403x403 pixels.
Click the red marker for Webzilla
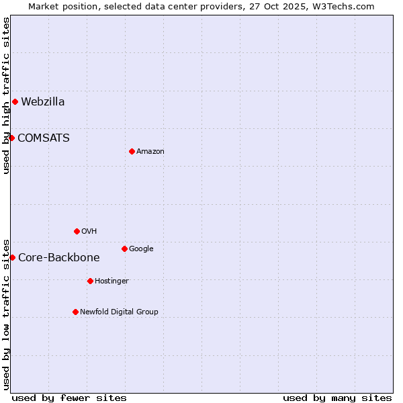15,102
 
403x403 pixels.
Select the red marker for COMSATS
11,138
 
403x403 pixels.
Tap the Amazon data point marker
132,151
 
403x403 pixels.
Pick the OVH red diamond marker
77,231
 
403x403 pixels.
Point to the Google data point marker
124,249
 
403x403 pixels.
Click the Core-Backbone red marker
12,257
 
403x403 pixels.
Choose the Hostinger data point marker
90,281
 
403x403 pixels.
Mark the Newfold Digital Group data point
75,312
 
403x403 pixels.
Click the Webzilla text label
43,102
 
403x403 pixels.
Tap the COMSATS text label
44,138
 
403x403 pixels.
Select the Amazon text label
150,152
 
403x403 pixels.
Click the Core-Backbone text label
59,258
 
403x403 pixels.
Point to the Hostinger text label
111,281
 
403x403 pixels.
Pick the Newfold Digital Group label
119,312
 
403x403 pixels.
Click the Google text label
141,249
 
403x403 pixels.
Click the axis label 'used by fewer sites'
69,398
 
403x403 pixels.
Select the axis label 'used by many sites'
337,398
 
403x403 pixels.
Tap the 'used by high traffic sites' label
6,95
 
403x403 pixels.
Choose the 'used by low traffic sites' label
6,314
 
